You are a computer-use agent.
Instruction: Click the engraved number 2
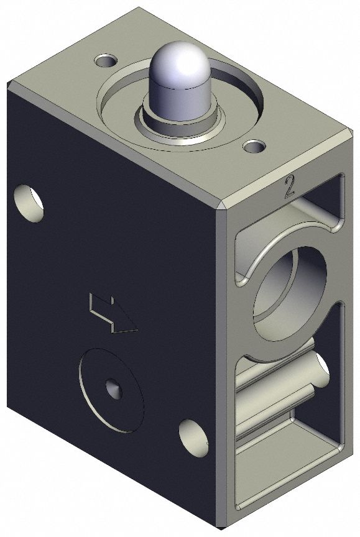click(288, 187)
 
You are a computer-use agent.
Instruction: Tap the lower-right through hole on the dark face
click(193, 439)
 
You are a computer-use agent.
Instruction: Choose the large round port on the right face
click(286, 292)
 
